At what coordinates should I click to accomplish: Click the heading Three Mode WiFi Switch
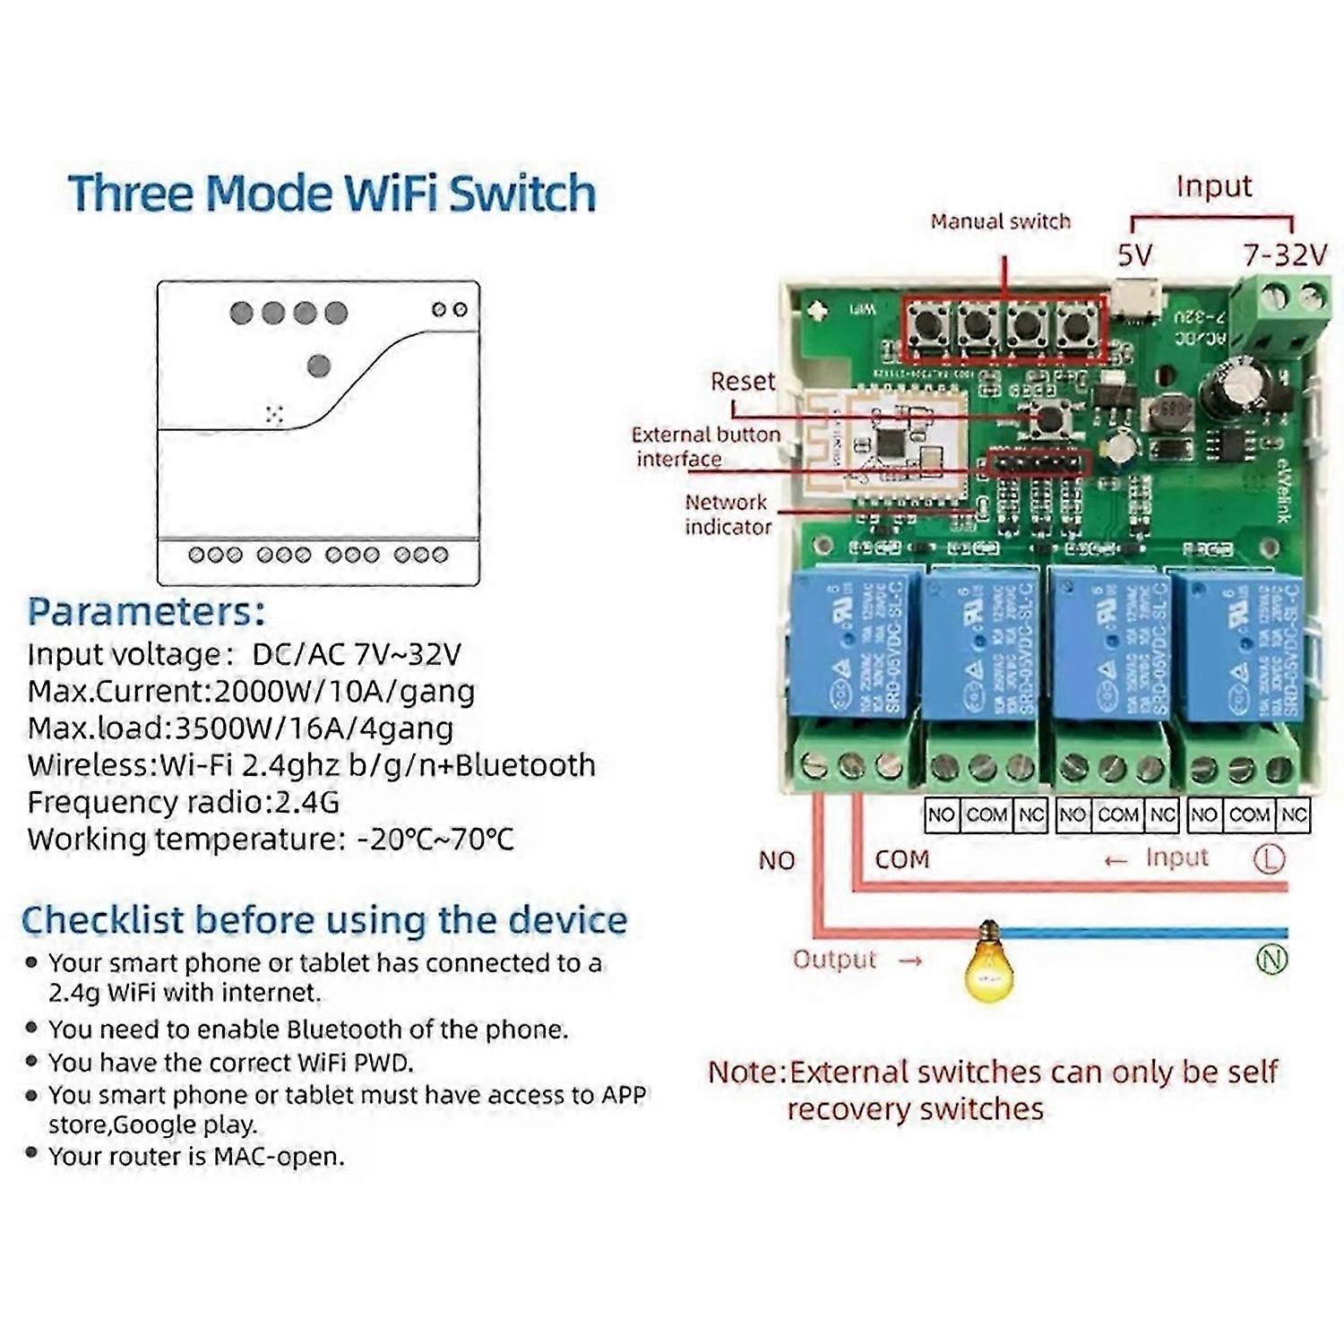tap(332, 194)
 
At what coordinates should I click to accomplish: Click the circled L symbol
tap(1269, 858)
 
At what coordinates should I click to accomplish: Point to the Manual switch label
tap(1000, 221)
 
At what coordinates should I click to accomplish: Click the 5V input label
tap(1134, 255)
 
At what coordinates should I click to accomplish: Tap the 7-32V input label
tap(1284, 255)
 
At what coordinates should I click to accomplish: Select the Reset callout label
tap(742, 381)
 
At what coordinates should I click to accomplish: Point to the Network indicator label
tap(727, 514)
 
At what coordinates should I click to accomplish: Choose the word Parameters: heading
tap(146, 612)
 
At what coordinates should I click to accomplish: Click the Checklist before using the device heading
tap(323, 920)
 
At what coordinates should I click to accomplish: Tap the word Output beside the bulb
tap(834, 960)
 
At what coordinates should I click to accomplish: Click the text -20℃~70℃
tap(435, 840)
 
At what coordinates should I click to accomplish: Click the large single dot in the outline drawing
tap(318, 366)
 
